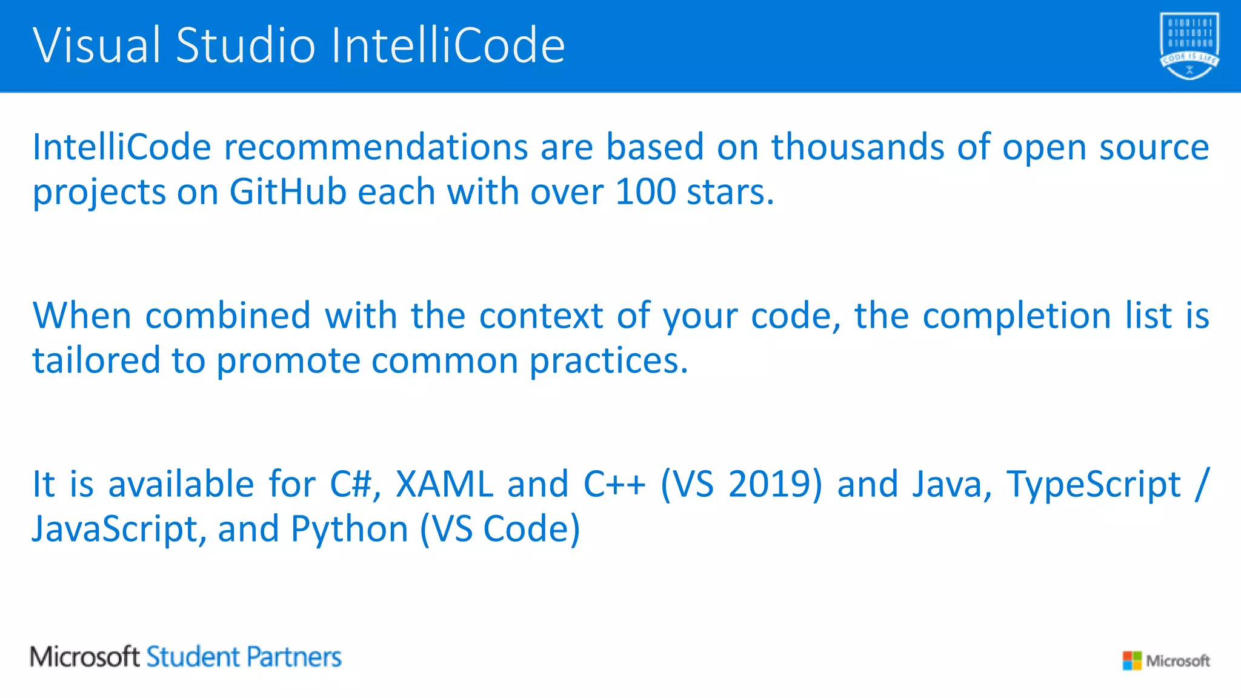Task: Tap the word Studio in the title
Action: (246, 45)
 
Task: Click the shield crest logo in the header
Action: (1189, 46)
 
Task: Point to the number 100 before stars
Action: (645, 192)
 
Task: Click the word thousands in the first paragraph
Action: (857, 147)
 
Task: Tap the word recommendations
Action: (376, 147)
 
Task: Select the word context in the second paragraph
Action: (541, 316)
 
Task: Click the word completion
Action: (1017, 316)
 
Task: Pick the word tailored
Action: (95, 361)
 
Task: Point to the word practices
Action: (608, 362)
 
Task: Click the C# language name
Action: (354, 484)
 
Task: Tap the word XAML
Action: (444, 484)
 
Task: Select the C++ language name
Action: (614, 484)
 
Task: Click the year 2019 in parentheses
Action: (774, 484)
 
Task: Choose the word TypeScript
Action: (1094, 485)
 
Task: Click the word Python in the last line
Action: (350, 530)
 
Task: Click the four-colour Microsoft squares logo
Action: (1131, 660)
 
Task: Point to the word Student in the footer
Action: (193, 657)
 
